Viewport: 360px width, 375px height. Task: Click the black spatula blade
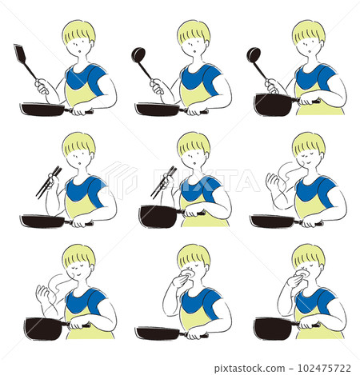coord(21,54)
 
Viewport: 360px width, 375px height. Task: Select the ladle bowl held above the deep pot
coord(253,55)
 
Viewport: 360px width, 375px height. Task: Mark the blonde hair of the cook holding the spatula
coord(78,31)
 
